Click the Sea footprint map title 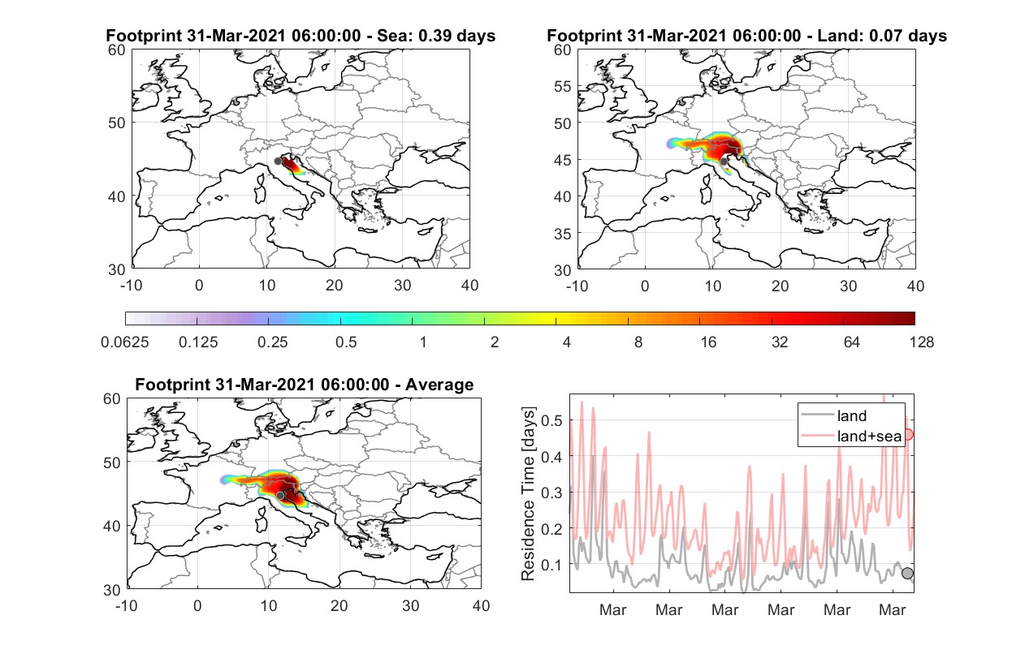point(301,36)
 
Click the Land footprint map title point(746,36)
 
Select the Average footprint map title point(304,385)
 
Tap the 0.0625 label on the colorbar point(125,342)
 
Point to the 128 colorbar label point(921,342)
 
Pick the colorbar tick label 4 point(567,342)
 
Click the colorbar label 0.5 point(346,342)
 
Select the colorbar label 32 point(780,342)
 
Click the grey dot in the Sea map point(278,161)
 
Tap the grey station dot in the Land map point(724,161)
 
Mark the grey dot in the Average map point(280,496)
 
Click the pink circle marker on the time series point(908,435)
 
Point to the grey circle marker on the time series point(907,573)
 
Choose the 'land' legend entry point(833,415)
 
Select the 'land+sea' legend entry point(851,436)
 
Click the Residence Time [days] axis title point(528,494)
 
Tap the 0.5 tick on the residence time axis point(551,420)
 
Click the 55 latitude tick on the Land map point(563,86)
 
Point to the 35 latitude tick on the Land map point(563,234)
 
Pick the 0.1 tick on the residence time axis point(551,565)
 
